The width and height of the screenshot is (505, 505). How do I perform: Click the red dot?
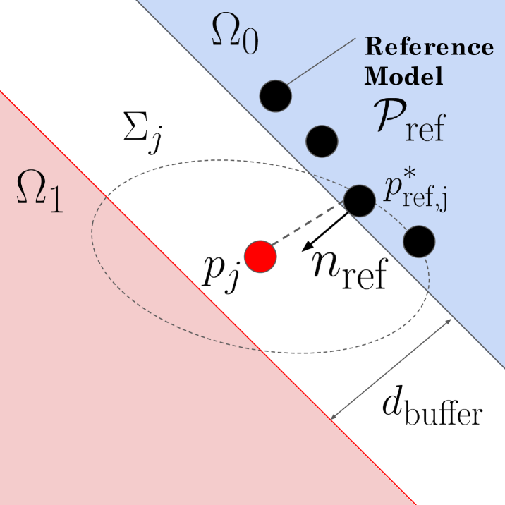point(260,255)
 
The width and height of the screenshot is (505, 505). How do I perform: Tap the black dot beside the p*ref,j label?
point(359,200)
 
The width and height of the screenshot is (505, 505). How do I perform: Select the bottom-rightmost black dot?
point(418,241)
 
